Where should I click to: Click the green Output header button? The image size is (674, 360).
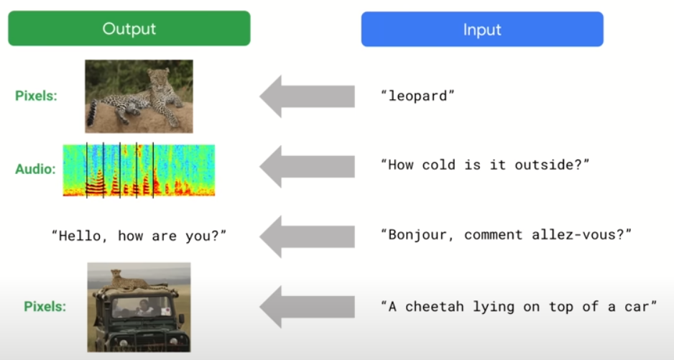[129, 29]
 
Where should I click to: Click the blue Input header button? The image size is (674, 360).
[482, 29]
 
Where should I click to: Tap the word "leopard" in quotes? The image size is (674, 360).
[417, 96]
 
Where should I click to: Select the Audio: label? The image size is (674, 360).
[36, 169]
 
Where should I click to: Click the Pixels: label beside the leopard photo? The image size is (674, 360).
[36, 96]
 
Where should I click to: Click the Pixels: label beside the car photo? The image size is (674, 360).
[45, 306]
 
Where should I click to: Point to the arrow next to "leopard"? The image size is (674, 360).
[307, 96]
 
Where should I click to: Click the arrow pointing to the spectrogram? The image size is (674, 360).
[307, 167]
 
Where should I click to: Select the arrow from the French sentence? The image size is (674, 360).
[307, 236]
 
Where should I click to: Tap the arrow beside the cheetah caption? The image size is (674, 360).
[307, 307]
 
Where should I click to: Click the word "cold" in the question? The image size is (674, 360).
[438, 165]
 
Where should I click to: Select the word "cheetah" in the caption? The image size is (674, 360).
[435, 307]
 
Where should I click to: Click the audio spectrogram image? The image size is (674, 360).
[139, 170]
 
